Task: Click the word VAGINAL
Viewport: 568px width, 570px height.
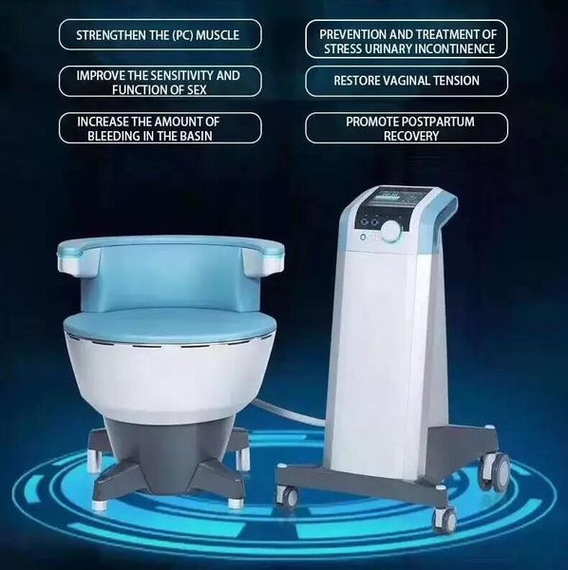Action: coord(417,81)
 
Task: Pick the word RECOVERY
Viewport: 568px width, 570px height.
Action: coord(406,136)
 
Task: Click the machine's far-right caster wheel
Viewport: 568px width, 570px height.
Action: coord(497,469)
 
